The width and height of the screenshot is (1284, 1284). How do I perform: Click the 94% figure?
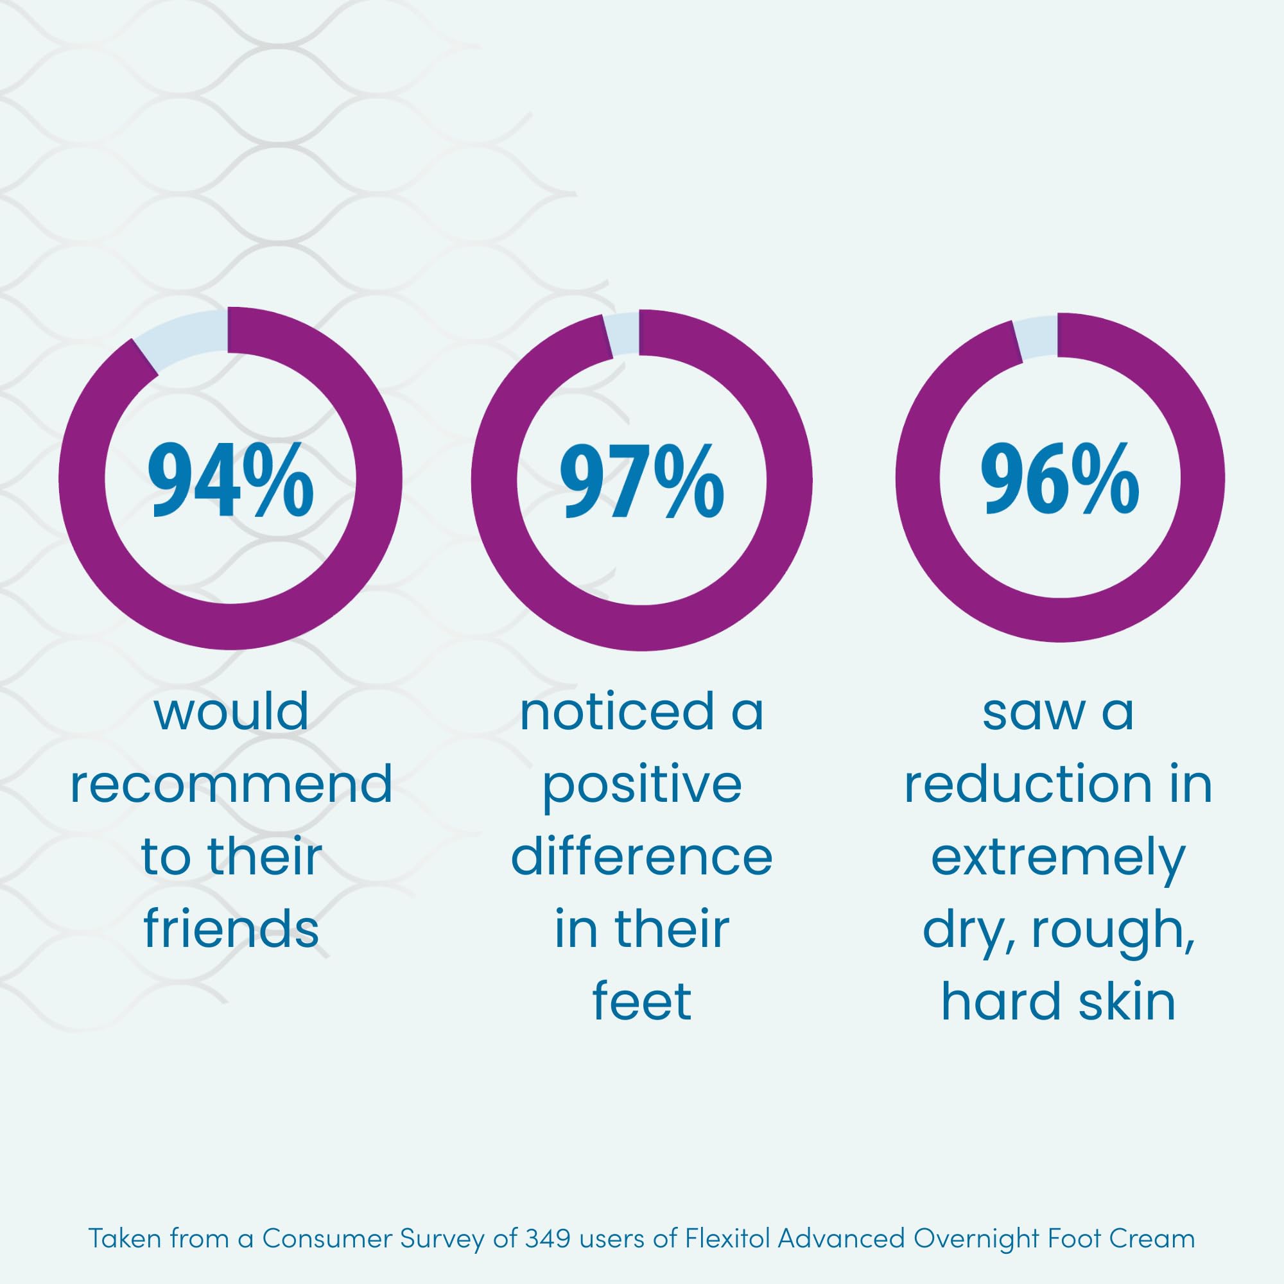click(x=230, y=480)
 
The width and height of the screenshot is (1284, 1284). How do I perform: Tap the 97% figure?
click(x=641, y=482)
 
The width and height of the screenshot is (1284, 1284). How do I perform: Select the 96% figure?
click(x=1060, y=480)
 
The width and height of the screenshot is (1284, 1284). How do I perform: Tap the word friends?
click(x=230, y=928)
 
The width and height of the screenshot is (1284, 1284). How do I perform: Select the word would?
click(x=230, y=712)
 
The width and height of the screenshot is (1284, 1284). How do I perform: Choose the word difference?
click(x=641, y=856)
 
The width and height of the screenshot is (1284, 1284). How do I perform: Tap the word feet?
click(x=641, y=1000)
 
